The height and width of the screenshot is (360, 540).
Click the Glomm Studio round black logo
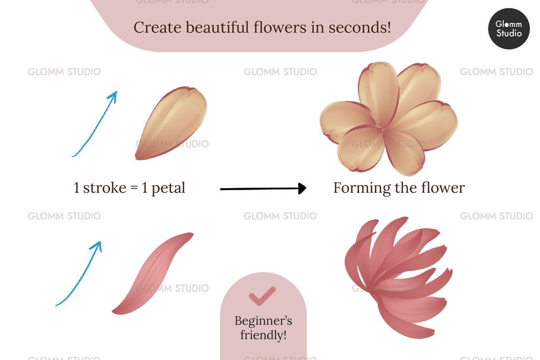(508, 29)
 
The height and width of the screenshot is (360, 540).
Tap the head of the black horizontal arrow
(301, 188)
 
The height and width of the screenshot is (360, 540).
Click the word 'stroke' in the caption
(106, 188)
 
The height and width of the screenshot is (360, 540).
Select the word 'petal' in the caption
(168, 189)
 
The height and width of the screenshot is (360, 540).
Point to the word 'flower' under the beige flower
(442, 188)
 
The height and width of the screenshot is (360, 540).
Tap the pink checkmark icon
(263, 295)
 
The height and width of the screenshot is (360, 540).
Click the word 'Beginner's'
(263, 321)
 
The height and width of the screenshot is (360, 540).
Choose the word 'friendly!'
(263, 336)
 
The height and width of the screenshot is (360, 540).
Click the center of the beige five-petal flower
(384, 129)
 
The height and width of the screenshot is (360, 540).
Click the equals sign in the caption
(134, 189)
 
